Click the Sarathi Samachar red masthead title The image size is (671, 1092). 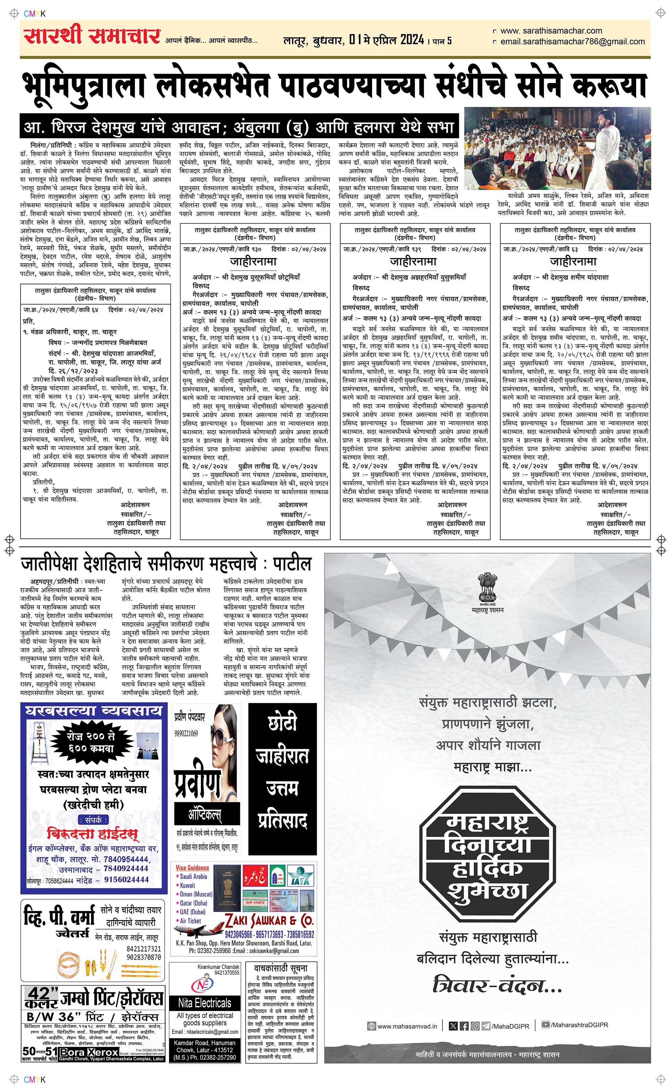coord(92,36)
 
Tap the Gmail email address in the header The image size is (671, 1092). coord(572,42)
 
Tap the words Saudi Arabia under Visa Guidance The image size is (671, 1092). coord(194,877)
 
